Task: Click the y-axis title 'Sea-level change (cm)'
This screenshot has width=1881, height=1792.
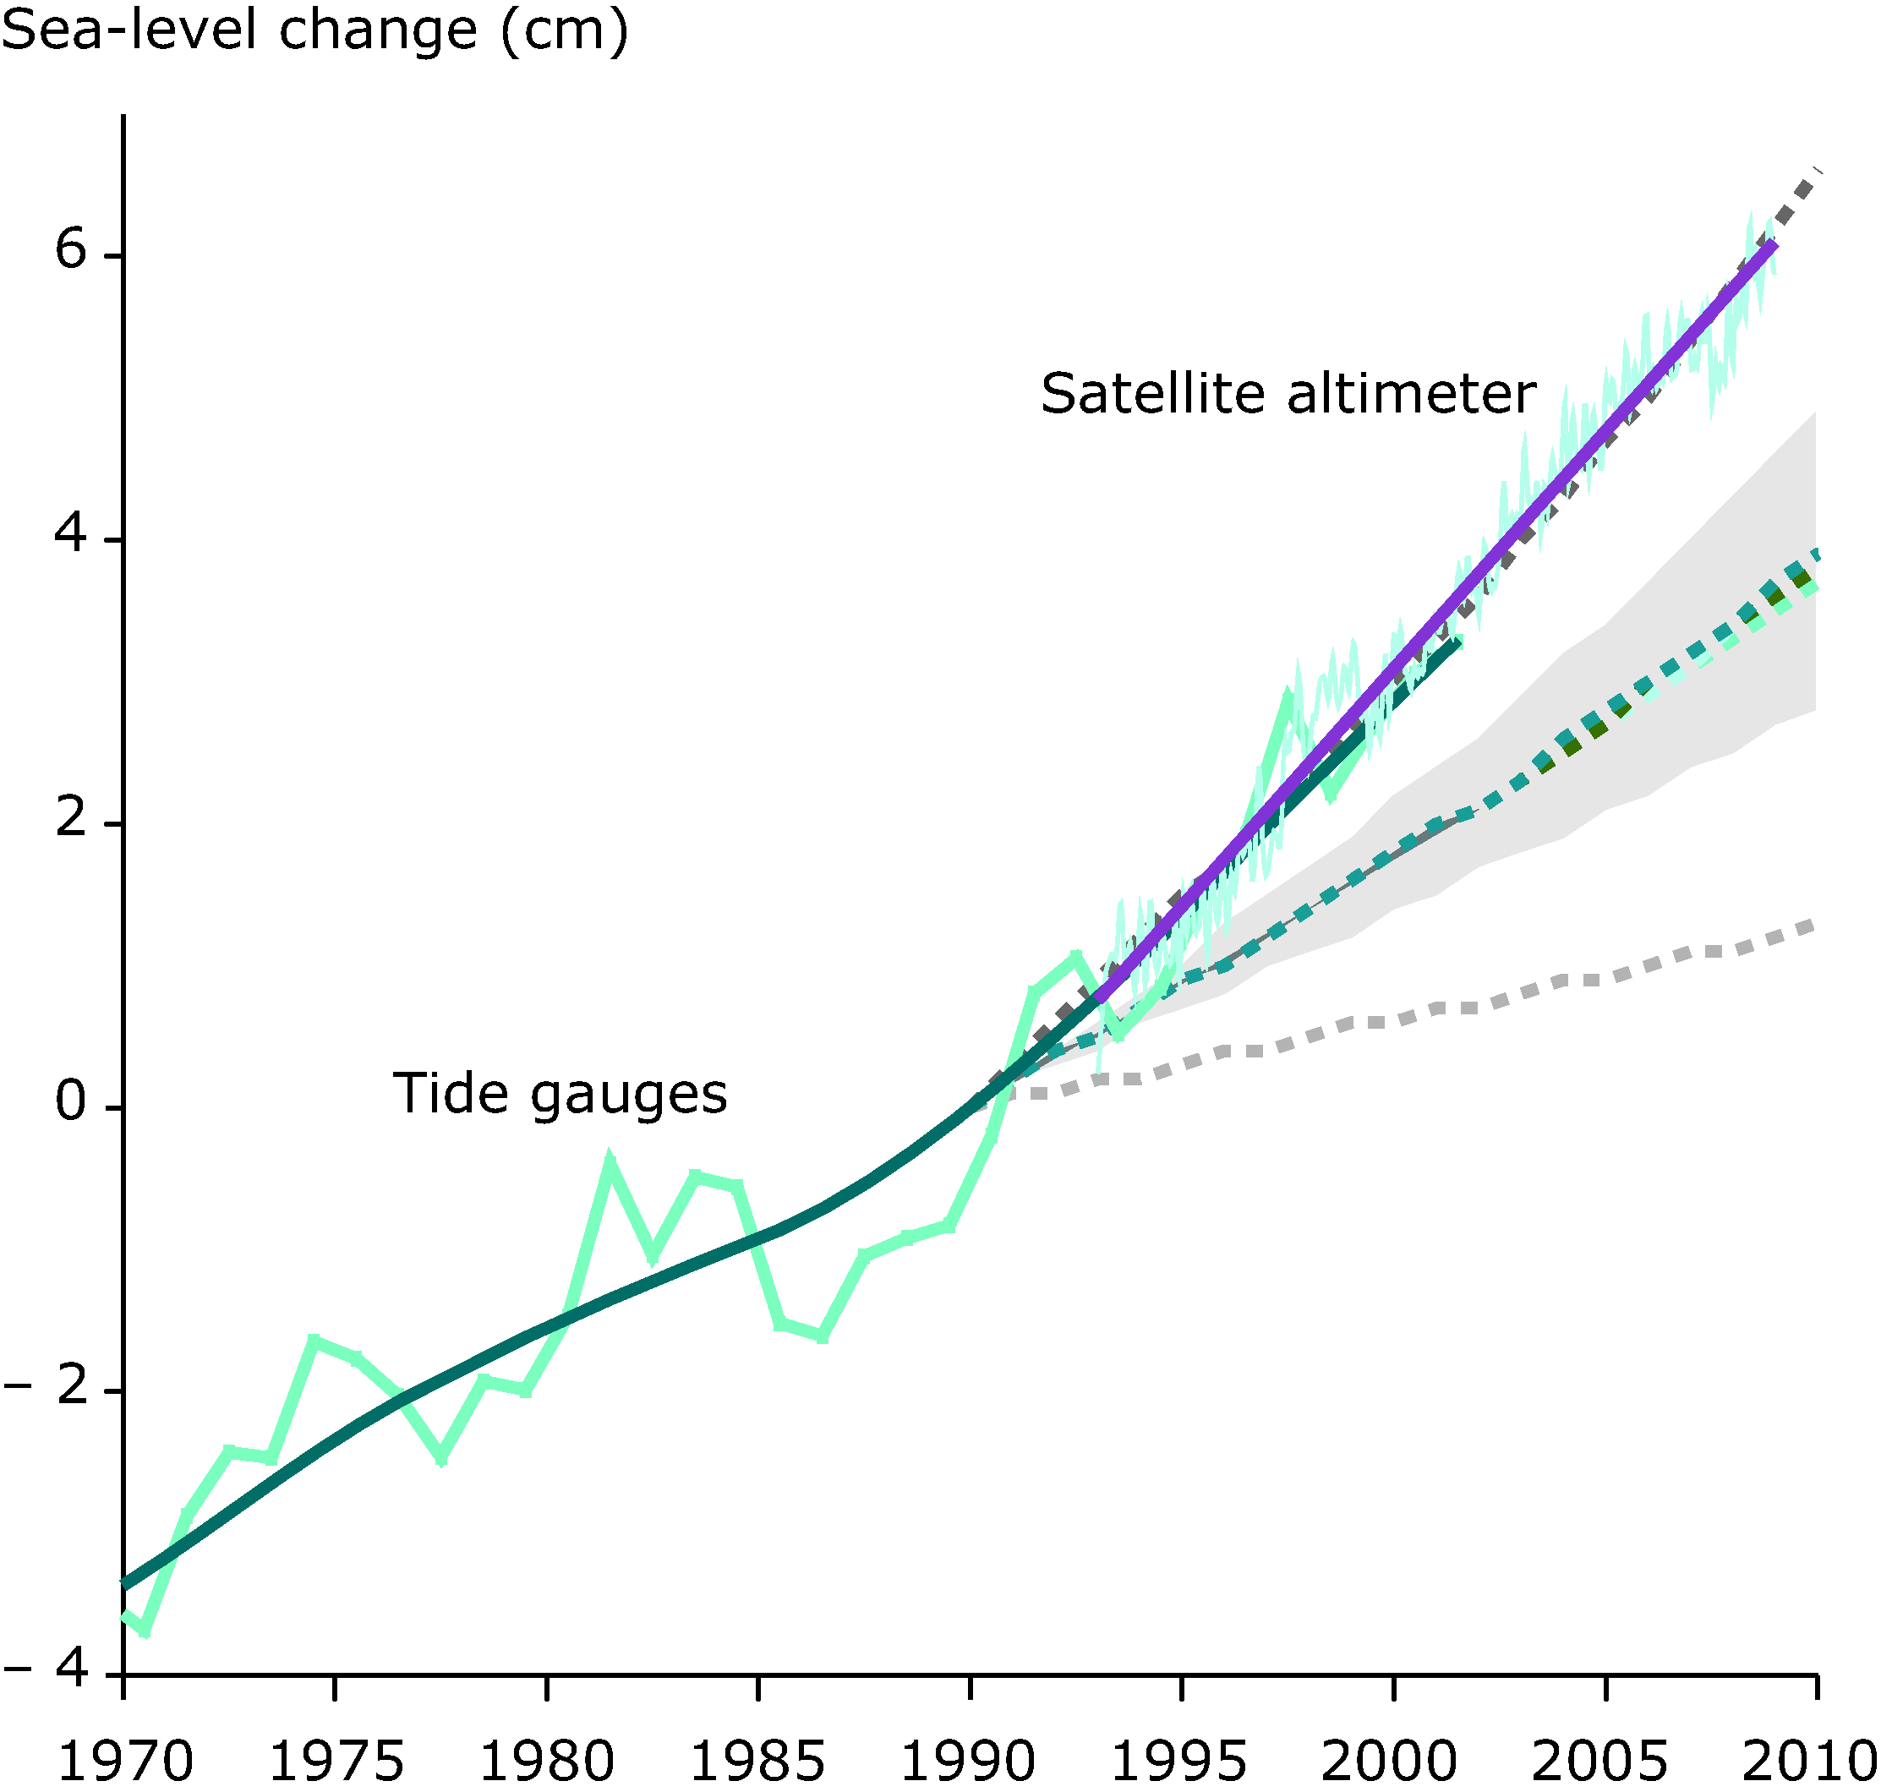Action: click(x=315, y=30)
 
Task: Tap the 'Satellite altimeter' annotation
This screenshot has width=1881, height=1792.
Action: click(x=1288, y=394)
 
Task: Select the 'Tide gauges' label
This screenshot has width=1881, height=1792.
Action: click(x=560, y=1093)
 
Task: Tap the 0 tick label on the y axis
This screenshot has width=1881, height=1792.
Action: click(x=71, y=1102)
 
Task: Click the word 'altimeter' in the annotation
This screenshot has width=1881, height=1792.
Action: click(x=1412, y=394)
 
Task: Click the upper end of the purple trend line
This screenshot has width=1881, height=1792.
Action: click(x=1773, y=245)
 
